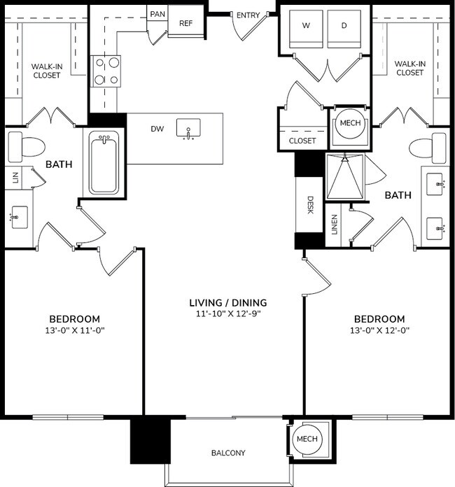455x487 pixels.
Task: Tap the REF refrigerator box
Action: point(185,23)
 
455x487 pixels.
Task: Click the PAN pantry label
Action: point(157,13)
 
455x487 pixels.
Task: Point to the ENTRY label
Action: point(248,15)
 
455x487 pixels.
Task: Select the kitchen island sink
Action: point(188,129)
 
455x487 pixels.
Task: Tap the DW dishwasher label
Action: point(157,129)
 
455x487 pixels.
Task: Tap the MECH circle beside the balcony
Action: point(307,439)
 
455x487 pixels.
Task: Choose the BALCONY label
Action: point(228,453)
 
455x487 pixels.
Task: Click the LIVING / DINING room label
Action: point(228,303)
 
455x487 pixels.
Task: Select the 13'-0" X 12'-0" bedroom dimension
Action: point(379,330)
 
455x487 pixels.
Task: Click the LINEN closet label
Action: point(334,230)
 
